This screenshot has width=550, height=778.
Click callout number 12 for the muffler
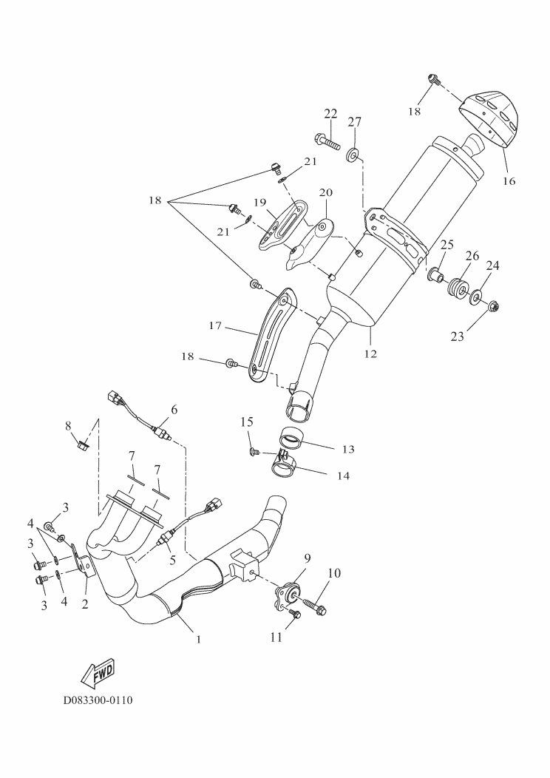point(370,354)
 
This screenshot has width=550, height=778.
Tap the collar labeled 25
point(435,277)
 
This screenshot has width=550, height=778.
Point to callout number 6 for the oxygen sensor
point(174,408)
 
